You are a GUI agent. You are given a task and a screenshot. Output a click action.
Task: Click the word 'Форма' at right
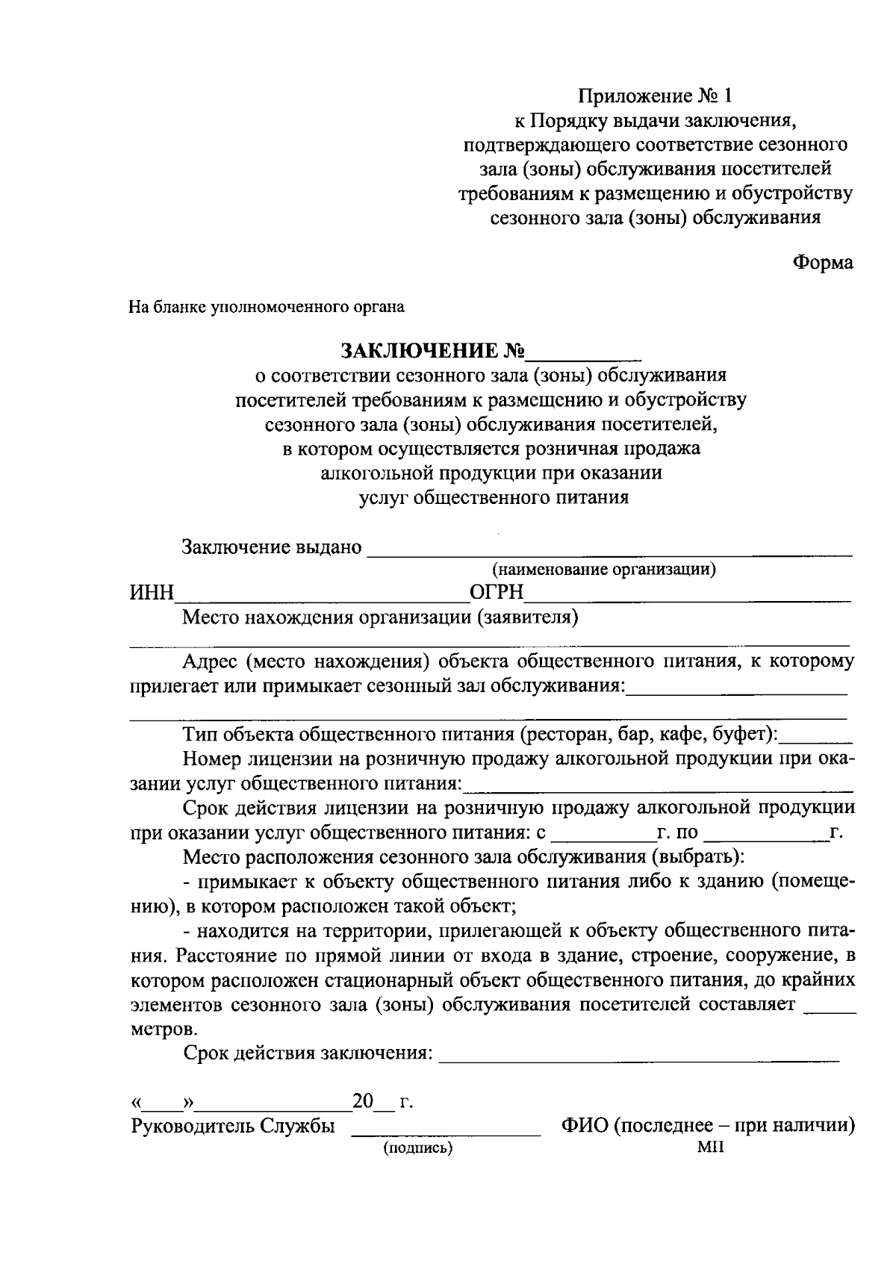[x=823, y=263]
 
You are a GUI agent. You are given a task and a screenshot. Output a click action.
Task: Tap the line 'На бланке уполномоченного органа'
[x=267, y=307]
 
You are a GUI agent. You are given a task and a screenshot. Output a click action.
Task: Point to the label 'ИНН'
[x=152, y=594]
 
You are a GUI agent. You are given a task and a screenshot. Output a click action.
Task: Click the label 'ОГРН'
[x=497, y=594]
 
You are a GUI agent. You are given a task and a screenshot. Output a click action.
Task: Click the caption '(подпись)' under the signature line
[x=418, y=1148]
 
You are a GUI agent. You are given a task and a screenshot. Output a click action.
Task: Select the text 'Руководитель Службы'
[x=232, y=1126]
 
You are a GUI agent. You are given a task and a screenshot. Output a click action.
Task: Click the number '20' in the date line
[x=362, y=1102]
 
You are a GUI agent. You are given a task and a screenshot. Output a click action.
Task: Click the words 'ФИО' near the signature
[x=584, y=1126]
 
